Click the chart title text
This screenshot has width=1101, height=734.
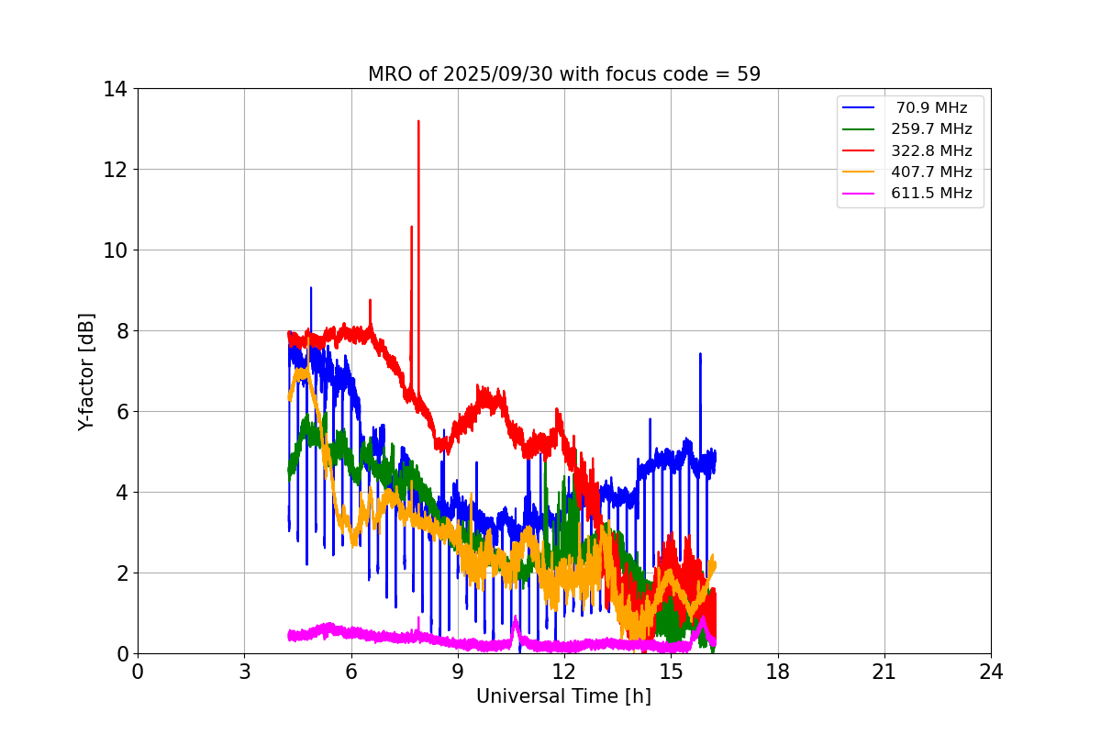(563, 74)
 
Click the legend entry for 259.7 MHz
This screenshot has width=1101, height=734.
(931, 129)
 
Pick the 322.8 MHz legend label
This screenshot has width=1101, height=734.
(931, 150)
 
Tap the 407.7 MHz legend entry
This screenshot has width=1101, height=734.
(931, 172)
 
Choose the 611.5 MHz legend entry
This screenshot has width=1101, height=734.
(931, 194)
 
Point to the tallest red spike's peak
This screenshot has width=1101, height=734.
(418, 121)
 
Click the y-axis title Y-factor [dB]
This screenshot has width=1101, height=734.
(86, 371)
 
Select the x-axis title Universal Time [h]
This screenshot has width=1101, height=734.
(563, 696)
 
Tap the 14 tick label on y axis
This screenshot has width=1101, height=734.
(116, 89)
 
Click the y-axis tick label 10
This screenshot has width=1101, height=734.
(116, 250)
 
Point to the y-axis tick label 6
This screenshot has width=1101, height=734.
(121, 412)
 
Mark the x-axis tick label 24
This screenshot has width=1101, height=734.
(991, 672)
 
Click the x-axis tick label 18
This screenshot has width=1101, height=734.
(777, 672)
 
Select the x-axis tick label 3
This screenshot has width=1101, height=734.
(244, 672)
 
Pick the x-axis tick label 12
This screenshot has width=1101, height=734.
(564, 672)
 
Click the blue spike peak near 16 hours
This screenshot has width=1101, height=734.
(700, 354)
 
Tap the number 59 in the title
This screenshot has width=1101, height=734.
(749, 74)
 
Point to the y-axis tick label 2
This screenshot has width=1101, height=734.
(121, 573)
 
